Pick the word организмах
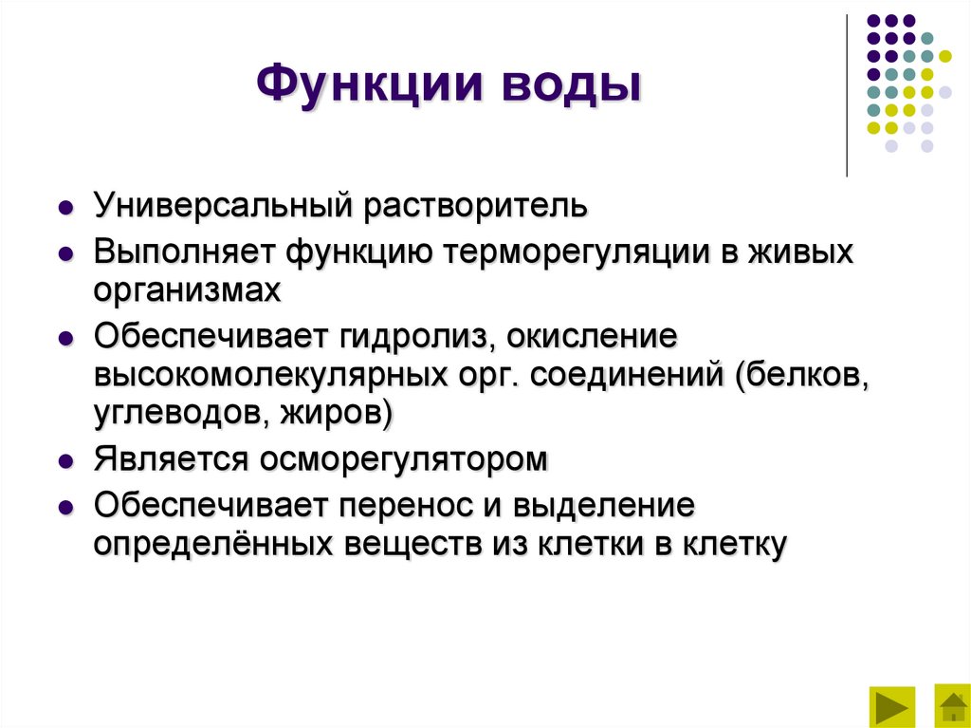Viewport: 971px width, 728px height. click(187, 289)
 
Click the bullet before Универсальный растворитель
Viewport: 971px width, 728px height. click(65, 207)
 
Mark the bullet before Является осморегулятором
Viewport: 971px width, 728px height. click(65, 460)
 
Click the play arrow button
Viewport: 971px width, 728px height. click(891, 705)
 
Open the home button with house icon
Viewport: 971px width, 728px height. click(951, 705)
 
